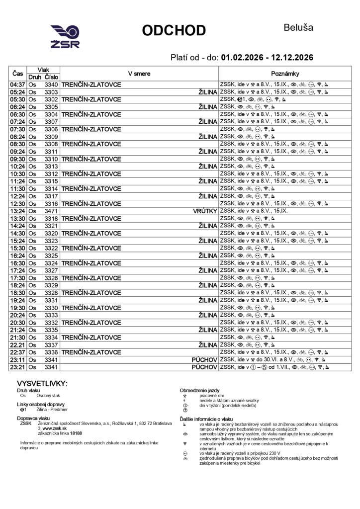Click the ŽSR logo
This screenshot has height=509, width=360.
[x=65, y=37]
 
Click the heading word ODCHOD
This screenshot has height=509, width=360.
[x=174, y=31]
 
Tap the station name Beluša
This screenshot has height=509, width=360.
[x=298, y=27]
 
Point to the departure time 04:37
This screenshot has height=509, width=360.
[x=18, y=85]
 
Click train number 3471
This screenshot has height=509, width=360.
[x=51, y=211]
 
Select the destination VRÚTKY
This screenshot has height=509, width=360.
[x=205, y=211]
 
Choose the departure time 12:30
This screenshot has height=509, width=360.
[x=18, y=204]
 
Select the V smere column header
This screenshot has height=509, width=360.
[x=139, y=74]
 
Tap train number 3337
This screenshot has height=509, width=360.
[x=51, y=344]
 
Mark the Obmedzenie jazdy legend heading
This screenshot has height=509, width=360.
[x=199, y=391]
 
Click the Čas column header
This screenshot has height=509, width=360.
[x=18, y=74]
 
